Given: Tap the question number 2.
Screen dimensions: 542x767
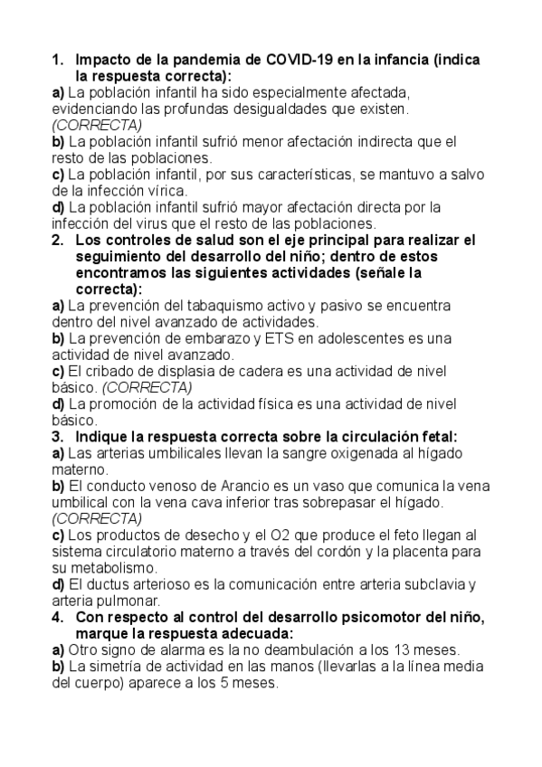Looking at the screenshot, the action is click(56, 240).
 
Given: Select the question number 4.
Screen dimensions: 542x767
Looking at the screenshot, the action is click(56, 617).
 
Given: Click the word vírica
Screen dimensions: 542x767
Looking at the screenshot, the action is click(165, 190).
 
